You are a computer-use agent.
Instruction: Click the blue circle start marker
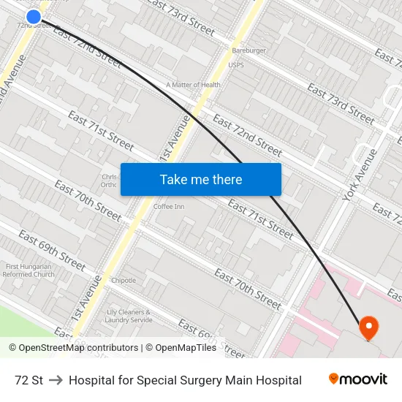click(34, 16)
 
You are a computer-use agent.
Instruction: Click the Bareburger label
click(249, 50)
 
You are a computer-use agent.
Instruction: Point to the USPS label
click(236, 65)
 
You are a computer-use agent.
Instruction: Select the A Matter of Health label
click(193, 85)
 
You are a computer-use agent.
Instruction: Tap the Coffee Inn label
click(169, 207)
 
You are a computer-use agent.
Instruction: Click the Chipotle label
click(124, 281)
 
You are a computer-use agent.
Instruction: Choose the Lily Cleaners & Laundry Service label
click(129, 316)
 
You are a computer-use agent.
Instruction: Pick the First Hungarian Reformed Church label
click(29, 270)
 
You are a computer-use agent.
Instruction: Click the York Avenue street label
click(362, 175)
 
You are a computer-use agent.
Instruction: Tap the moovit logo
click(358, 379)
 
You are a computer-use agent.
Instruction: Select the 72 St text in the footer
click(29, 380)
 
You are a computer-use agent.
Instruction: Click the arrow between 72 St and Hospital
click(56, 380)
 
